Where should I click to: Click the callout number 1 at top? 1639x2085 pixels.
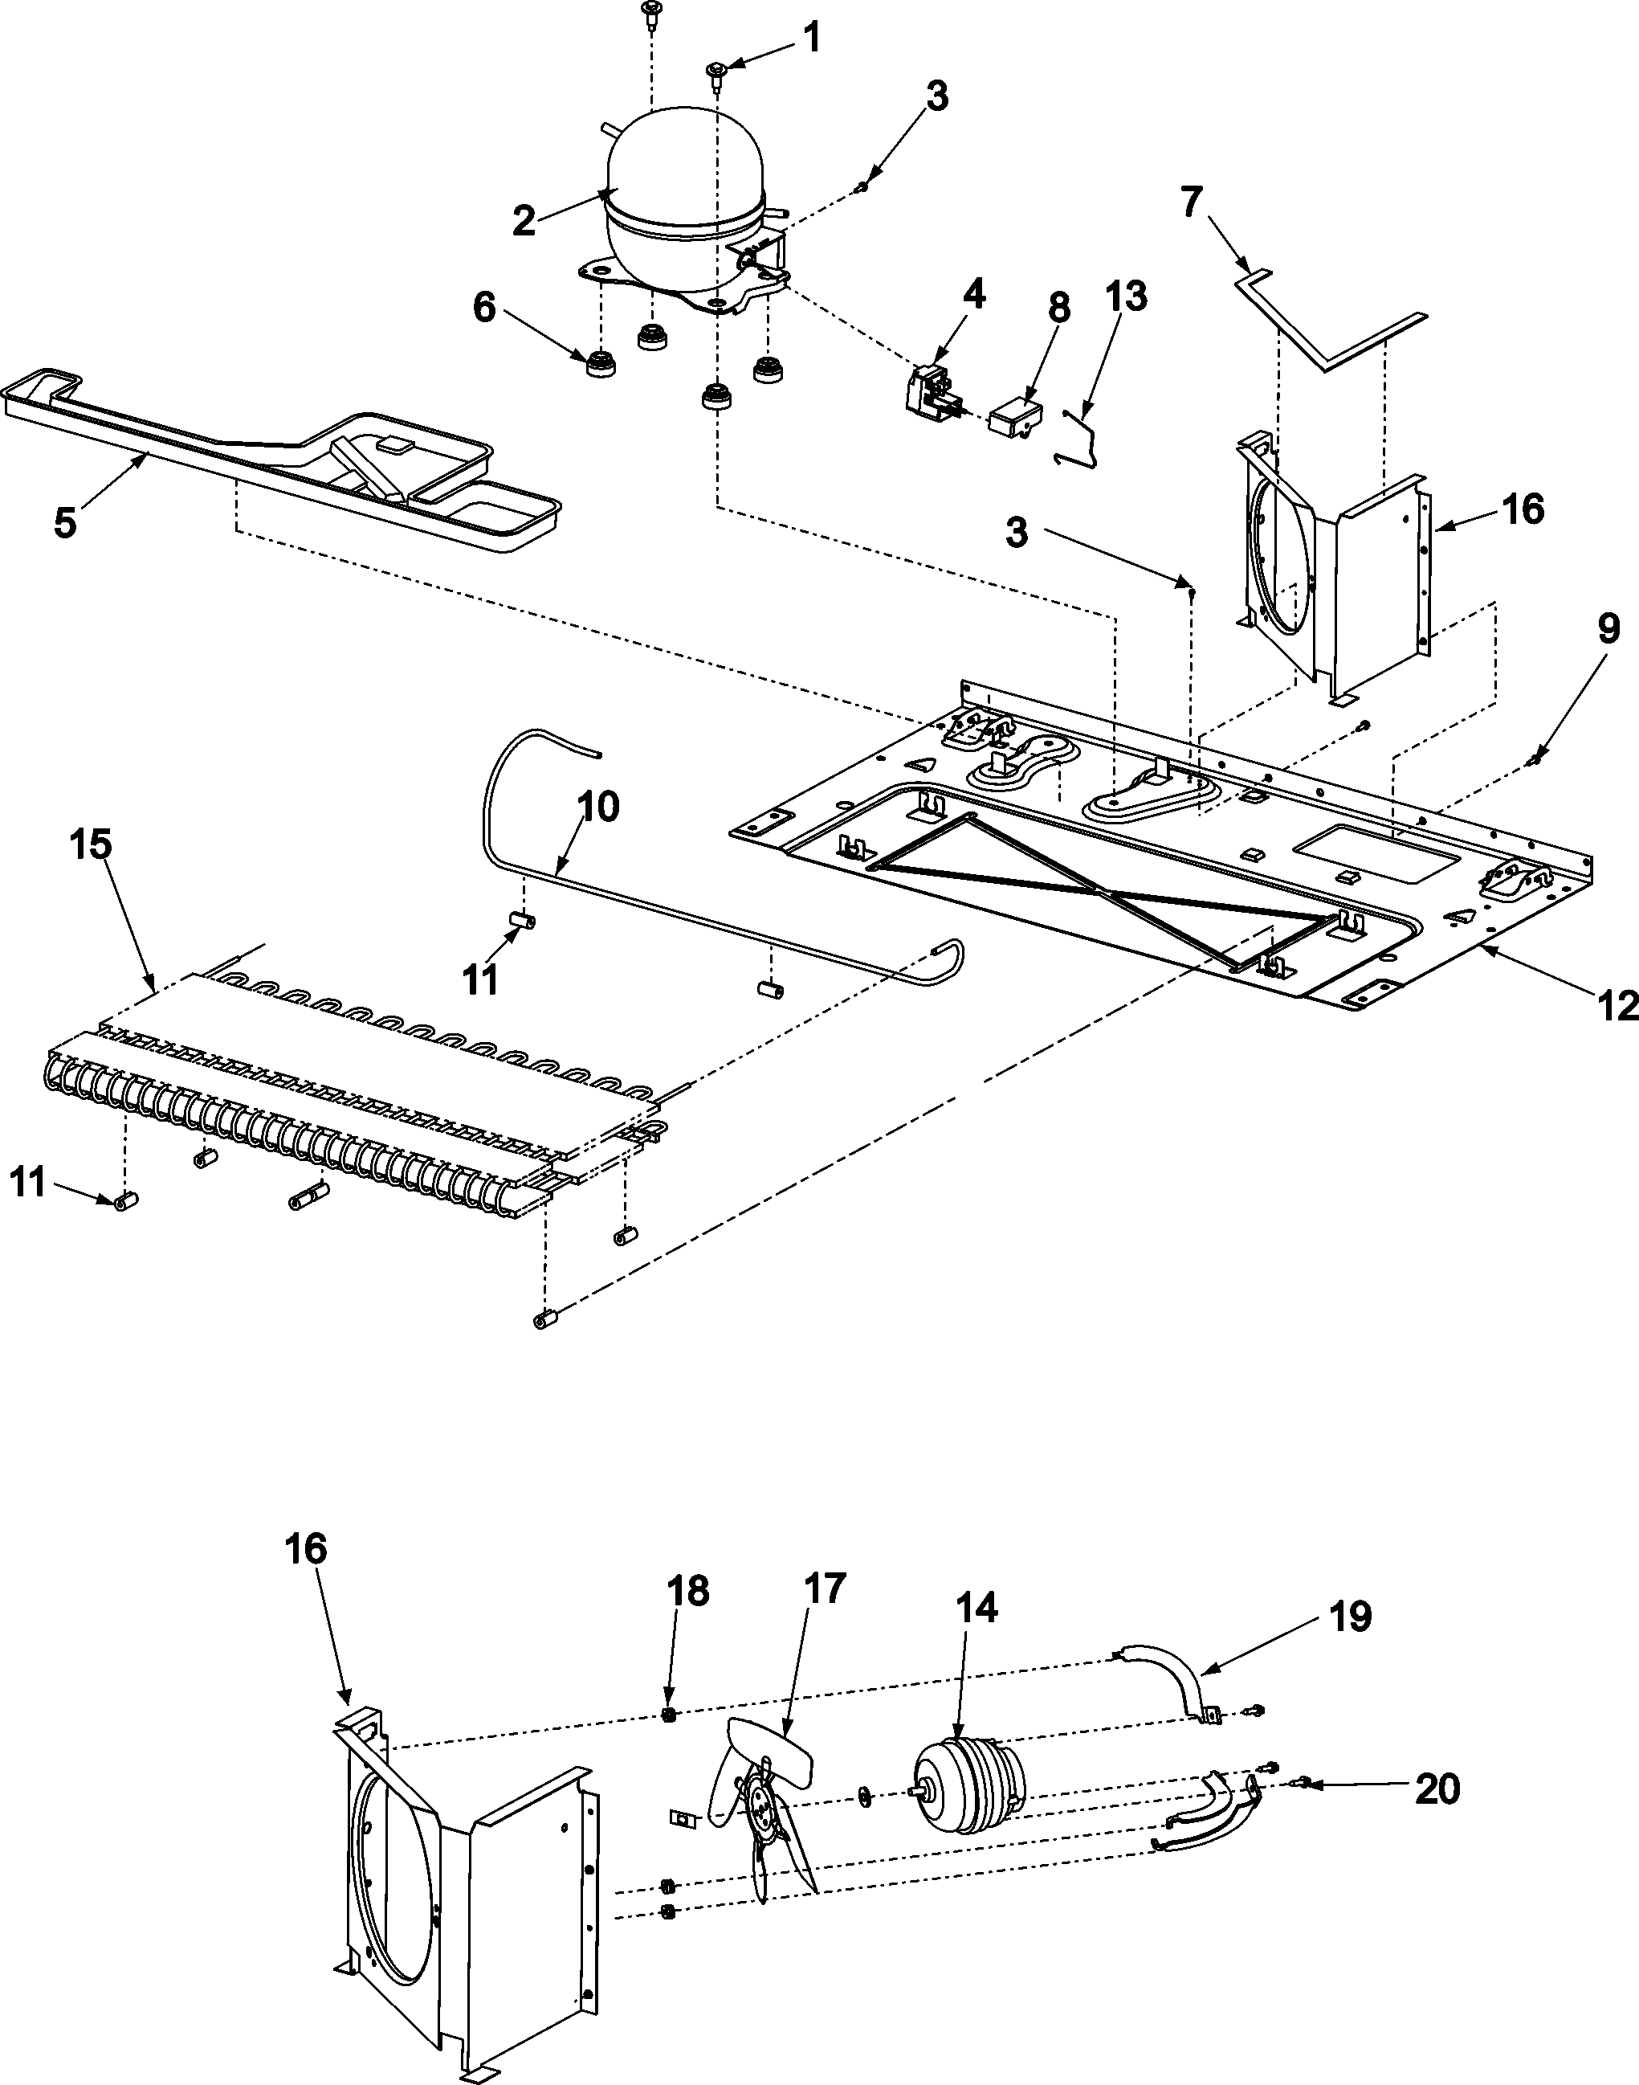coord(811,39)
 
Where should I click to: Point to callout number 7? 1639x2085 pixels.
coord(1191,204)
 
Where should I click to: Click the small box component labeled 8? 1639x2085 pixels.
coord(1019,419)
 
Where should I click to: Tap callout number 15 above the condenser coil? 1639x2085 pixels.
coord(89,844)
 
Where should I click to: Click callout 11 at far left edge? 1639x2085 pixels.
coord(29,1183)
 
